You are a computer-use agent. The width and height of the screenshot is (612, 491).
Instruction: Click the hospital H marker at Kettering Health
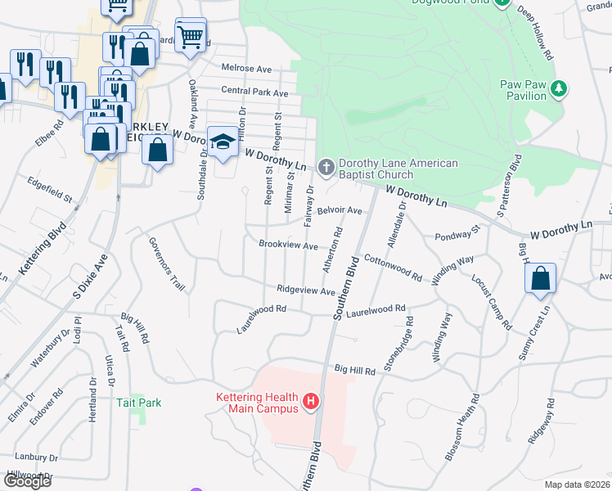point(311,402)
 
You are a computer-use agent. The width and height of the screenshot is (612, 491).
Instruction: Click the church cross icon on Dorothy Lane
point(326,169)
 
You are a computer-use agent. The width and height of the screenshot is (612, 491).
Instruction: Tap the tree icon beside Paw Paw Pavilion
point(560,88)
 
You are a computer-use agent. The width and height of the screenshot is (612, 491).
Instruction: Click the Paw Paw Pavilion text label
point(524,90)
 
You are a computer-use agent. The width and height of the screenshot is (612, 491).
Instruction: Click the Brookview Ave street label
point(288,245)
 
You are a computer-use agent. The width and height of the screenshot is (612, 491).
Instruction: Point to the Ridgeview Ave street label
point(306,291)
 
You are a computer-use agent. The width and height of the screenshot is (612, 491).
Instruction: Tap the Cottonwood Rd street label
point(392,268)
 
